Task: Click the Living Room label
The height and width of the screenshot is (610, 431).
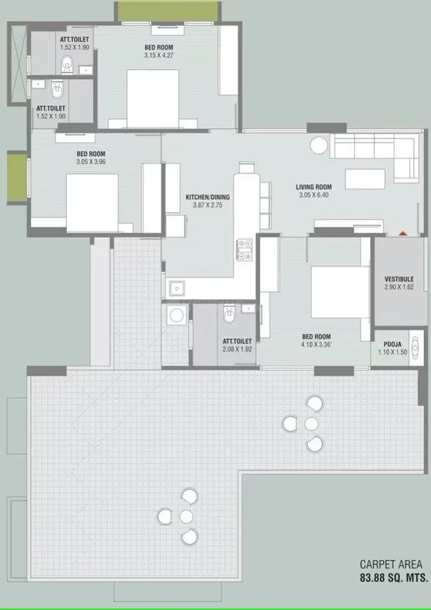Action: [314, 187]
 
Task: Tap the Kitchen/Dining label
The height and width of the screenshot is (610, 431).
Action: [207, 197]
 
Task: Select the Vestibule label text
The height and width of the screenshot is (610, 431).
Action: [399, 279]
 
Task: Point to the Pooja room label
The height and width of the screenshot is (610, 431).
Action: [392, 344]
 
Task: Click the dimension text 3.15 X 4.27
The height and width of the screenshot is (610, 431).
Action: [159, 55]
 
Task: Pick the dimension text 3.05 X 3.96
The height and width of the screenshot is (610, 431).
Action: [91, 162]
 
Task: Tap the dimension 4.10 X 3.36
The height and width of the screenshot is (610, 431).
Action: [316, 344]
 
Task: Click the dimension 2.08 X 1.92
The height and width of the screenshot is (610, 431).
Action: [238, 350]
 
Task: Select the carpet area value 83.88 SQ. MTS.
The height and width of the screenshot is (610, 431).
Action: [394, 578]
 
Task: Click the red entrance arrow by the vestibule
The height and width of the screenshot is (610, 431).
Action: [403, 233]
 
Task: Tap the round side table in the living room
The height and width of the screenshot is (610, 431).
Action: [319, 146]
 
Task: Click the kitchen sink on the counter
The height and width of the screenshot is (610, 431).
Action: [177, 289]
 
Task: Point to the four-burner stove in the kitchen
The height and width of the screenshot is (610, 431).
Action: [245, 250]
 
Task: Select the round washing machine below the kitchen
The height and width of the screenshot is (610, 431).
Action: [176, 314]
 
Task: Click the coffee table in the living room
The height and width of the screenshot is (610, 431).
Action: [365, 179]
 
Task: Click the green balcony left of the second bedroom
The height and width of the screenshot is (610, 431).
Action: [17, 178]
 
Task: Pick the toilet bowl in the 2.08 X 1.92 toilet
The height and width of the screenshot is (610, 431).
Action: [229, 314]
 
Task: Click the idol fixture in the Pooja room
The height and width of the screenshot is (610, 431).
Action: [416, 347]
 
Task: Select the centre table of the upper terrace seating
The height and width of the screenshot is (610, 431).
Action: [311, 424]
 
